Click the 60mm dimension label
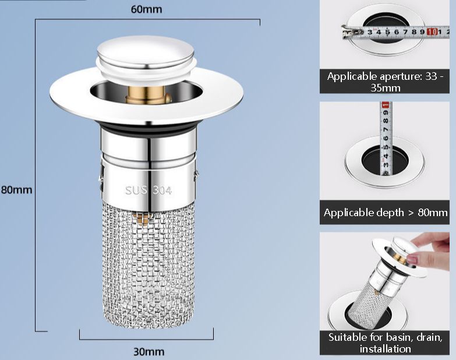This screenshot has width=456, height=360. [147, 9]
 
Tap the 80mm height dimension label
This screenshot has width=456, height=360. [16, 189]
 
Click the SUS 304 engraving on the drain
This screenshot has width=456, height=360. [148, 190]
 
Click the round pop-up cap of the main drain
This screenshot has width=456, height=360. [146, 52]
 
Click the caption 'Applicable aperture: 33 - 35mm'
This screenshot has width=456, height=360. [384, 82]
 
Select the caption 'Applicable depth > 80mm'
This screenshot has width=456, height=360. [385, 213]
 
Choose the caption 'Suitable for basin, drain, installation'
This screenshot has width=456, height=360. [385, 343]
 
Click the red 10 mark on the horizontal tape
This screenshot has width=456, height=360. [432, 31]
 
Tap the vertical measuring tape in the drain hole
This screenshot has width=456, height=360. [385, 140]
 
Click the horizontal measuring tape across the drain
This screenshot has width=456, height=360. [390, 32]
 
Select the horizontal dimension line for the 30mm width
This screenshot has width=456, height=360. [146, 338]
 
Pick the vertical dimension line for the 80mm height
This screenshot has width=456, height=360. [36, 175]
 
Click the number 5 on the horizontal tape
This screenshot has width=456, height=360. [387, 32]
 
